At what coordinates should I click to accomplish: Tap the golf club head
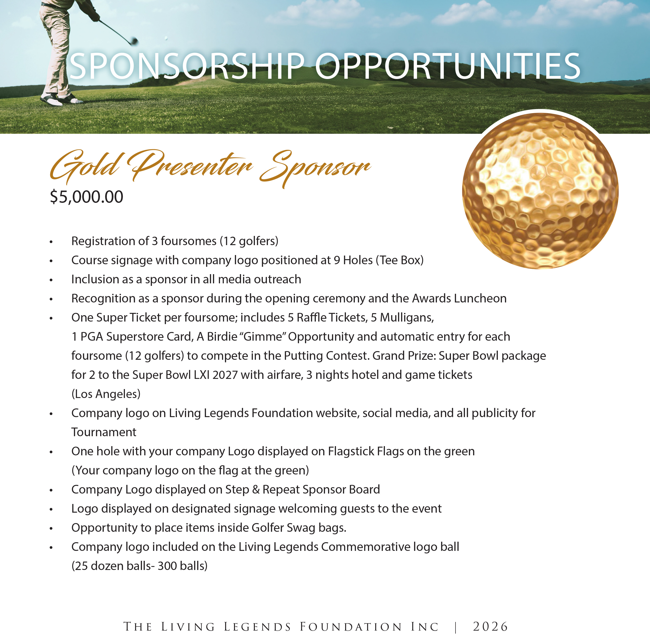134,41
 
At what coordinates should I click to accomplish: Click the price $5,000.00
86,197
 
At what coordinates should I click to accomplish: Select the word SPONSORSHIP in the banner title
187,66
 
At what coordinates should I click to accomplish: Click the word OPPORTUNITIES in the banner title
447,66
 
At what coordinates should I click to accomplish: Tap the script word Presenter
191,166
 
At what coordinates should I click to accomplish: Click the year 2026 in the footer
490,626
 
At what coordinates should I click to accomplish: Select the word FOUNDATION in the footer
351,627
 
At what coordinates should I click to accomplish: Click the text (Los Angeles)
106,394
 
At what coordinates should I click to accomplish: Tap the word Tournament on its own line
103,432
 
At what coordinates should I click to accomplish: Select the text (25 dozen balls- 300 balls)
139,566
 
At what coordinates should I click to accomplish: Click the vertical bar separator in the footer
456,626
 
